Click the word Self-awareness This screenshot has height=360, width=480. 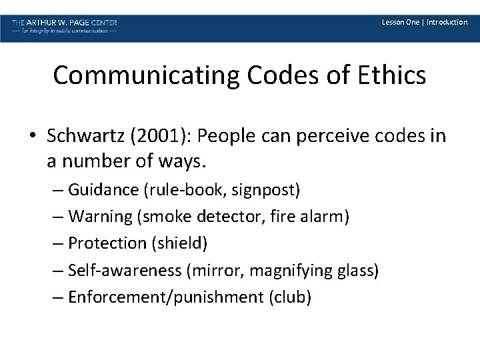(x=125, y=270)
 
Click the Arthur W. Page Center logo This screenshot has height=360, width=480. (x=65, y=27)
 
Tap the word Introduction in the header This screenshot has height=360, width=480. (x=447, y=23)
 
